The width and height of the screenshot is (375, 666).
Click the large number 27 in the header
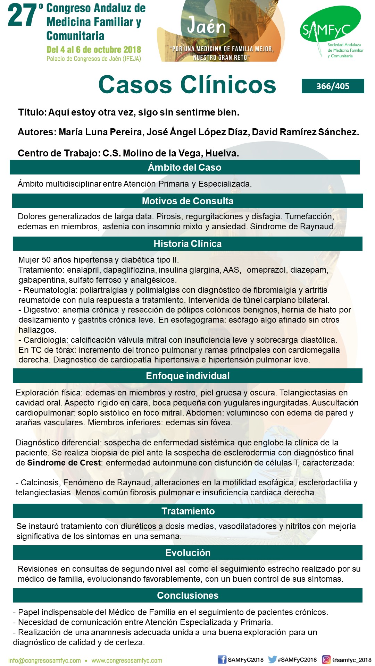23,16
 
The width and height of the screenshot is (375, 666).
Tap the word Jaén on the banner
206,26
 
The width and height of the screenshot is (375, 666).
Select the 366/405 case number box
333,86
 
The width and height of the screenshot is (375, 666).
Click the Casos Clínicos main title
187,85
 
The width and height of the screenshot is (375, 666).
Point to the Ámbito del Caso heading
184,167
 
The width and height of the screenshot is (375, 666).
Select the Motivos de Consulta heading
187,201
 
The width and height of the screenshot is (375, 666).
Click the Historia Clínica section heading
187,244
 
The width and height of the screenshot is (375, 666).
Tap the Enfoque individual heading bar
187,376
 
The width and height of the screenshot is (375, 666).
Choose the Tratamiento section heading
188,511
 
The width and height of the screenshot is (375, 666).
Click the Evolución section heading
187,553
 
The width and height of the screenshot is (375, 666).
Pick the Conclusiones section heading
187,595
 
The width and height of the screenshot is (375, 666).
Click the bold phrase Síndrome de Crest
64,463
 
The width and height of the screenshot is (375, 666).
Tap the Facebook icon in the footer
222,659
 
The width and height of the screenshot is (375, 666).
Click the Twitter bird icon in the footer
272,659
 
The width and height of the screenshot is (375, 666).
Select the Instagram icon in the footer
326,659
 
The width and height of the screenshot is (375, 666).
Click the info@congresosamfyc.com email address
44,660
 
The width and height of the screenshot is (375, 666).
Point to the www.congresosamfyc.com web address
127,660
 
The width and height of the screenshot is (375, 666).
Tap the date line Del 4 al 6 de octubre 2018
94,50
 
